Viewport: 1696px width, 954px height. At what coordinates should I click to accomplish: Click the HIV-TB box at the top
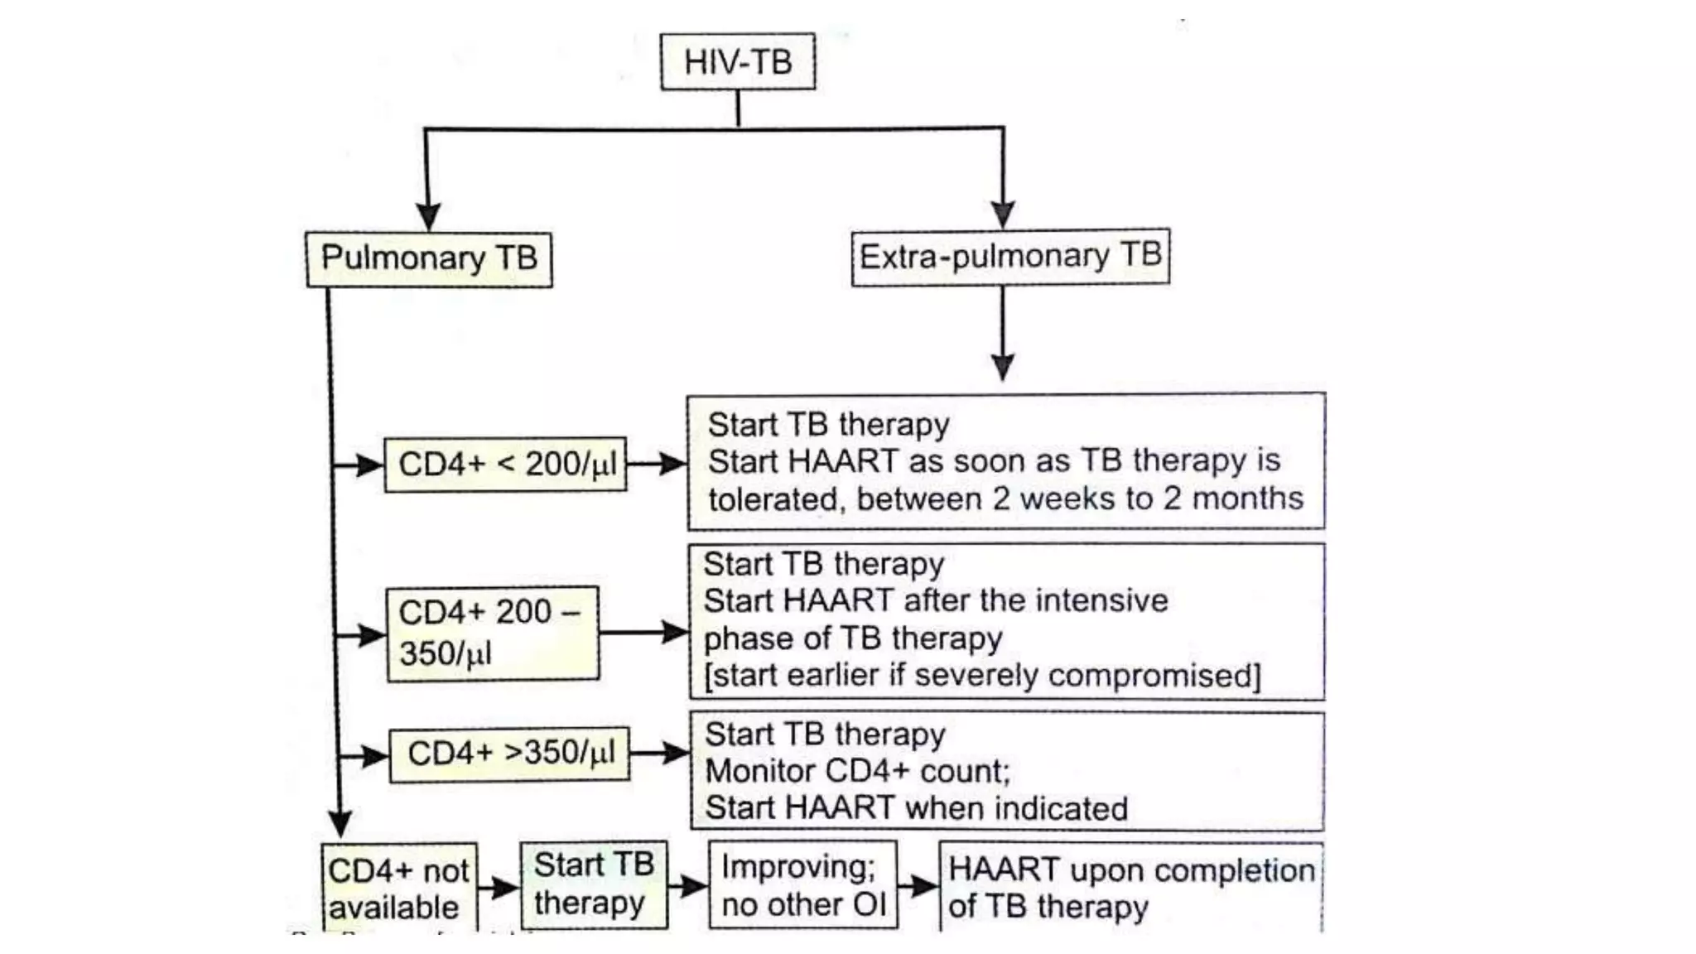click(x=737, y=62)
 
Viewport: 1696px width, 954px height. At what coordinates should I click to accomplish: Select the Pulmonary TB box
click(x=428, y=258)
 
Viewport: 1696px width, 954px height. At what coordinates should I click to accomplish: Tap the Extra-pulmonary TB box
click(x=1010, y=257)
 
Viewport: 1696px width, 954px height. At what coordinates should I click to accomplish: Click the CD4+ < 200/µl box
click(x=505, y=465)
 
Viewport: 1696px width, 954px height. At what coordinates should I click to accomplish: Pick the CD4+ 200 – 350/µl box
click(x=492, y=634)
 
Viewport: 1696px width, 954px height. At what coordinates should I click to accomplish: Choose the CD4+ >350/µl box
click(x=509, y=754)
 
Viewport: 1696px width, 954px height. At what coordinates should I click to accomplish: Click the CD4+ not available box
click(x=398, y=889)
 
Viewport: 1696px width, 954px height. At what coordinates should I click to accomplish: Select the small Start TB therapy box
click(x=593, y=884)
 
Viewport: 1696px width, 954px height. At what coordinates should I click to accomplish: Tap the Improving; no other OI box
click(x=802, y=885)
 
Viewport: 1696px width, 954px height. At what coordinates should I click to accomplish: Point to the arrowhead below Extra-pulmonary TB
click(x=1003, y=367)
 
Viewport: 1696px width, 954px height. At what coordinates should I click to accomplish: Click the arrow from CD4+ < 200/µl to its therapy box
click(x=658, y=464)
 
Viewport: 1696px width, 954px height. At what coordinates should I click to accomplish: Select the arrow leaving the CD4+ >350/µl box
click(x=661, y=753)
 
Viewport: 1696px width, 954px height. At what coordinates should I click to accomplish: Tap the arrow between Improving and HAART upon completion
click(x=918, y=886)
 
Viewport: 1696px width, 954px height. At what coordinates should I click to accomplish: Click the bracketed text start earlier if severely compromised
click(x=982, y=676)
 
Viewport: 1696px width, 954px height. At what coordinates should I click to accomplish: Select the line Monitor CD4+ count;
click(x=857, y=772)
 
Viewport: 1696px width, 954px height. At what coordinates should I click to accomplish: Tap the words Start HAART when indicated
click(x=916, y=808)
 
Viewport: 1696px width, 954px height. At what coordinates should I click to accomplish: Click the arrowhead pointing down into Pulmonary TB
click(x=427, y=216)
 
